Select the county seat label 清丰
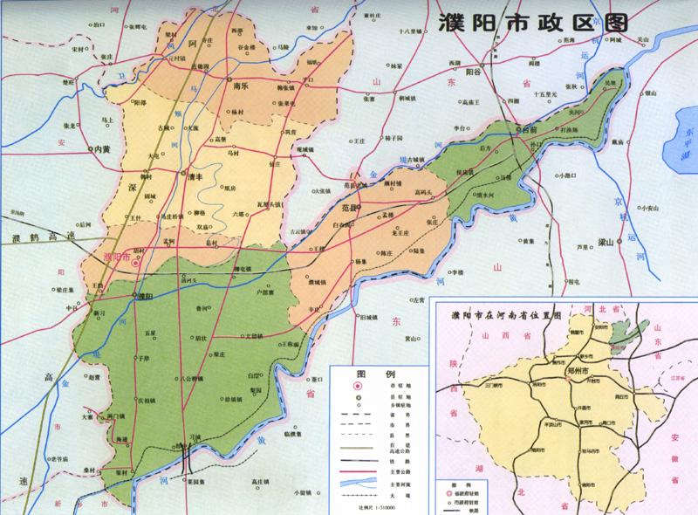pyautogui.click(x=198, y=175)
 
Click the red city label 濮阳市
pyautogui.click(x=116, y=257)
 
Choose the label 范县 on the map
pyautogui.click(x=352, y=208)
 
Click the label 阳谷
pyautogui.click(x=474, y=73)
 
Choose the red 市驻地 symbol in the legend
pyautogui.click(x=358, y=384)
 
